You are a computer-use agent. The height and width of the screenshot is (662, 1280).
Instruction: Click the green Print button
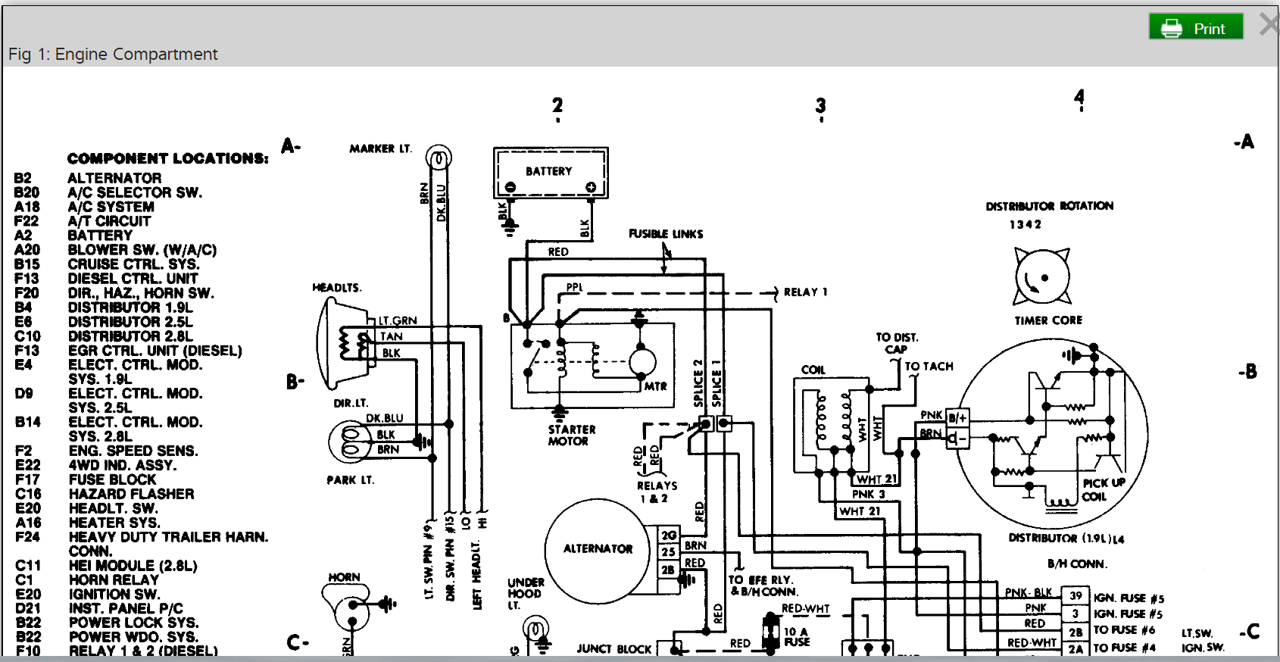tap(1196, 27)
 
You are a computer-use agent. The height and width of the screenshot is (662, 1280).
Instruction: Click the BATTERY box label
tap(549, 171)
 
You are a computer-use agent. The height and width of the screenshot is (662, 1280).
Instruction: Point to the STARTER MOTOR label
tap(571, 435)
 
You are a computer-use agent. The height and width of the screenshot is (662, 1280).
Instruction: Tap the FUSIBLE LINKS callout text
tap(666, 234)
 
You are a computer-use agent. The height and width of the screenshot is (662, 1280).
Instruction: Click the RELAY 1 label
tap(805, 292)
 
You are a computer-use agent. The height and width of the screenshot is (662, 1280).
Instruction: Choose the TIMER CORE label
tap(1048, 320)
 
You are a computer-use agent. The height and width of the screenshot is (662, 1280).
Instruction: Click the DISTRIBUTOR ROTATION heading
tap(1049, 206)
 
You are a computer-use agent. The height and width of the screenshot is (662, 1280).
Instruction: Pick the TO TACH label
tap(929, 367)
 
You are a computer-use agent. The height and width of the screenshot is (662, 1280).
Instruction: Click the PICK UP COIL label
tap(1103, 489)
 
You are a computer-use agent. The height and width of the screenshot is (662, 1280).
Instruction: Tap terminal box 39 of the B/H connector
tap(1076, 596)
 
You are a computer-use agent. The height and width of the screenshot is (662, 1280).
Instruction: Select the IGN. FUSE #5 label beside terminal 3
tap(1128, 614)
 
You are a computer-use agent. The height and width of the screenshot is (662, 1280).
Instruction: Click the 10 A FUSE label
tap(796, 636)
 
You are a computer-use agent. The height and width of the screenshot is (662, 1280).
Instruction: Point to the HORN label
tap(344, 577)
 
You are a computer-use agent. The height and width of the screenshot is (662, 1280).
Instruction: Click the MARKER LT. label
tap(380, 148)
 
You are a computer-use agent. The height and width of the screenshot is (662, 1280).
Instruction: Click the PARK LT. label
tap(350, 480)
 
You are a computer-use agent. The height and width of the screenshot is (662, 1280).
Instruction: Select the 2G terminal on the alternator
tap(668, 536)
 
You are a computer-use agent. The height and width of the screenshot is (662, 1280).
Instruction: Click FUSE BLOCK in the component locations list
tap(112, 479)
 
